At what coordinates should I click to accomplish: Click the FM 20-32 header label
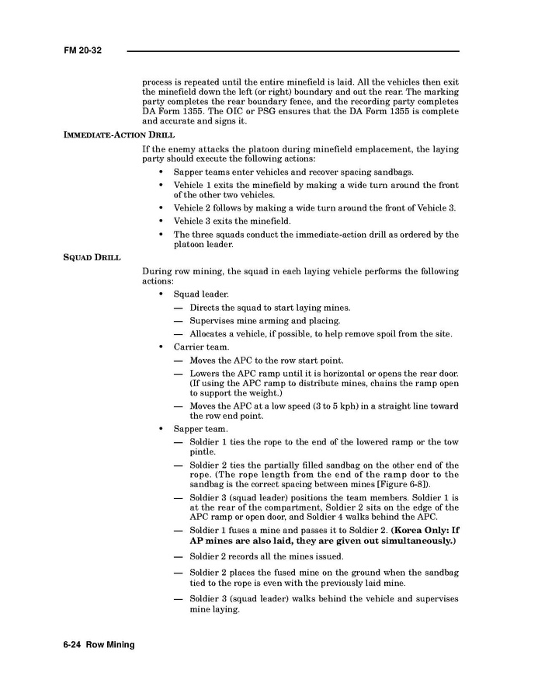click(x=83, y=51)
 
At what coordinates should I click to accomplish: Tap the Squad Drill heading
click(x=92, y=258)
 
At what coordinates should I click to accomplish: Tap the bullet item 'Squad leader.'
click(x=201, y=294)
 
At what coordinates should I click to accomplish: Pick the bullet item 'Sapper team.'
click(x=200, y=429)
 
